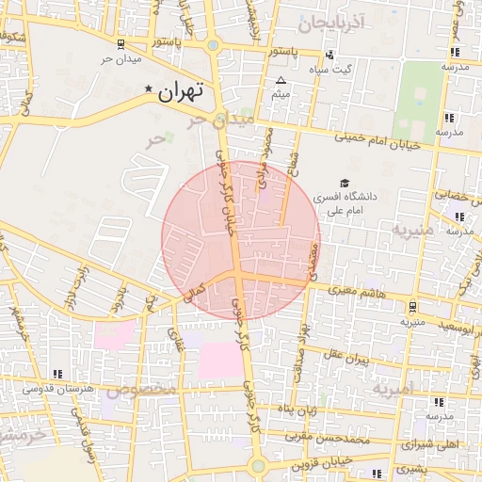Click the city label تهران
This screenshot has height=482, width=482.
coord(181,91)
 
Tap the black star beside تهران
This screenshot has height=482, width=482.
coord(148,89)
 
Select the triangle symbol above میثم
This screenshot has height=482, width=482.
coord(281,80)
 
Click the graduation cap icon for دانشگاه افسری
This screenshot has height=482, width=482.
coord(344,183)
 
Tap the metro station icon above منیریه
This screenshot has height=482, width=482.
coord(413,306)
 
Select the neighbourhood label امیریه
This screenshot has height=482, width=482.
coord(393,387)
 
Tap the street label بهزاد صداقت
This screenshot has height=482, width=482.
coord(302,348)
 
